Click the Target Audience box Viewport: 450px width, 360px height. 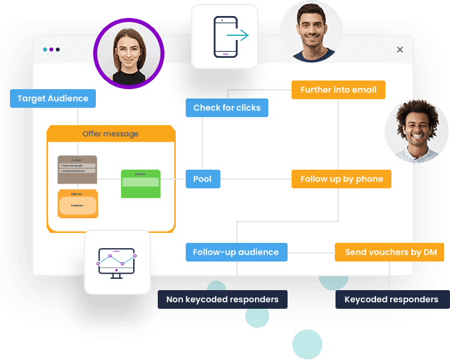pos(53,98)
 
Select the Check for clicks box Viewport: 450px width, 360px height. pos(226,108)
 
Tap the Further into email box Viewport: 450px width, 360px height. pos(338,90)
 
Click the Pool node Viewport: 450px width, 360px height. pos(202,179)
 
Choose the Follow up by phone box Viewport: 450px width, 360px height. pos(341,179)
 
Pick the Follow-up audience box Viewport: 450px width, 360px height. pos(236,252)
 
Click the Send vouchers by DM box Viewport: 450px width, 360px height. pos(389,252)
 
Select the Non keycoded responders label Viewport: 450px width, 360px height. pos(222,299)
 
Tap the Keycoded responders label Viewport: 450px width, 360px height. pos(391,299)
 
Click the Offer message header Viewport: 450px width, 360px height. pos(111,134)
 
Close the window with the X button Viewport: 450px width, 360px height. pos(399,49)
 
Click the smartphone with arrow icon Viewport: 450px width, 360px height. pos(224,36)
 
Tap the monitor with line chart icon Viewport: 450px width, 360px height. pos(117,262)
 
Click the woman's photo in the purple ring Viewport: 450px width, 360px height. pos(129,52)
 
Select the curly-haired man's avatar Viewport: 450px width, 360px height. pos(417,131)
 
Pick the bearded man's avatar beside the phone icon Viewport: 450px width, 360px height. pos(311,31)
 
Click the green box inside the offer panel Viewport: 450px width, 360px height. pos(140,184)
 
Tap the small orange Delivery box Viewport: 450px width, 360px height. pos(77,204)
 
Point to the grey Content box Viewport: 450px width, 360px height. pos(77,170)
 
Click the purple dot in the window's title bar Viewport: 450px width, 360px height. pos(52,49)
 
